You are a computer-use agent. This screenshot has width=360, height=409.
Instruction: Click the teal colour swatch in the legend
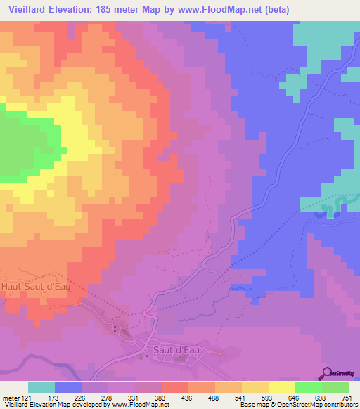[41, 387]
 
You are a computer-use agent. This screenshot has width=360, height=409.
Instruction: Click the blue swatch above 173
[68, 387]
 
